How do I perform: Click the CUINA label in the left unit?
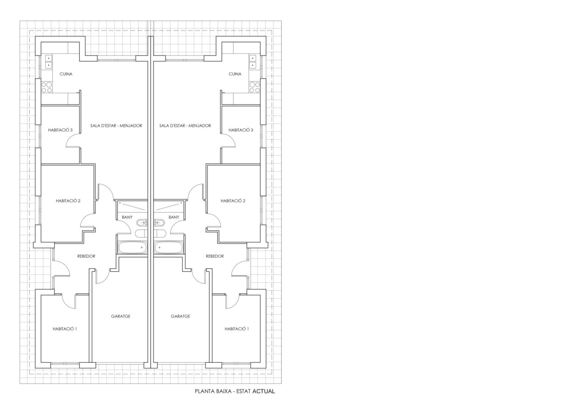click(x=66, y=74)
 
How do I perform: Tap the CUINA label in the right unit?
click(x=235, y=74)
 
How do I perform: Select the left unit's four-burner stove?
click(x=47, y=87)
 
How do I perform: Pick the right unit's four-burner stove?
click(x=255, y=87)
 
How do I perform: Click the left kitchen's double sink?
click(x=48, y=62)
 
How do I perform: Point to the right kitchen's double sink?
click(x=253, y=62)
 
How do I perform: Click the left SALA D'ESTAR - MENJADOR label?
click(x=116, y=126)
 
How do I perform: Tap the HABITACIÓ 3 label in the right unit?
click(x=241, y=130)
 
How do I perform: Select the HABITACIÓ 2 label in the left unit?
click(x=68, y=201)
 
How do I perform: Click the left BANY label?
click(x=127, y=217)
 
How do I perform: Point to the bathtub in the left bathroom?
click(x=132, y=247)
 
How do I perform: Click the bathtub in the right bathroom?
click(x=169, y=247)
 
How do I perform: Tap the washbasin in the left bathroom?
click(x=141, y=222)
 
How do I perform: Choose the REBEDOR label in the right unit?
click(x=215, y=256)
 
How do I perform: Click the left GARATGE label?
click(x=120, y=316)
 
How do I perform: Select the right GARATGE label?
click(x=180, y=316)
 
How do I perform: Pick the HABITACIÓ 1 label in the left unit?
click(x=64, y=329)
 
